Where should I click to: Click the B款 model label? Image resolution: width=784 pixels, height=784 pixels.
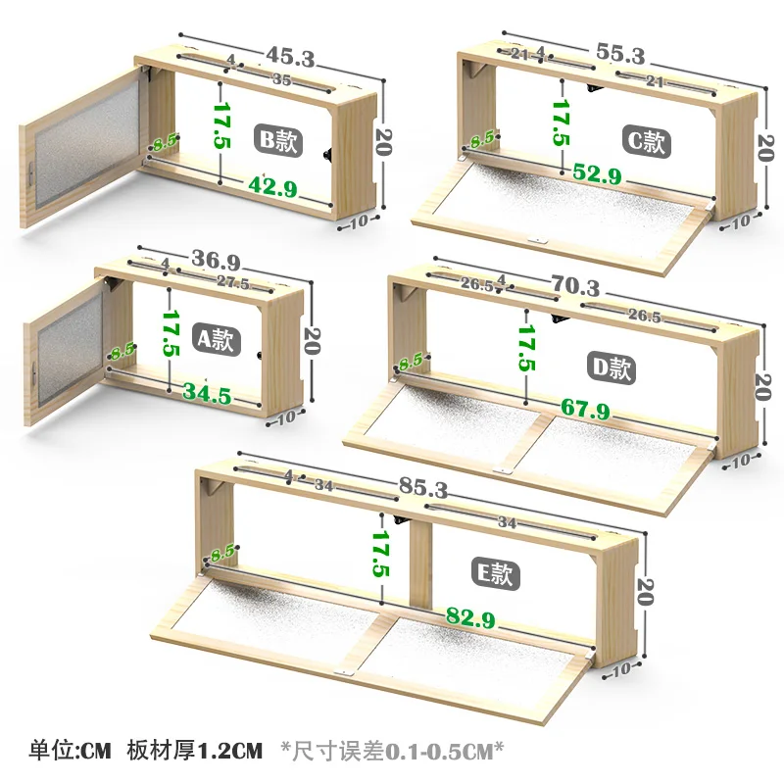[x=278, y=140]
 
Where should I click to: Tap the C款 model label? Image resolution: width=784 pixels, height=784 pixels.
[x=646, y=141]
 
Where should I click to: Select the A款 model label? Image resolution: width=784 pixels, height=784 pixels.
[x=216, y=339]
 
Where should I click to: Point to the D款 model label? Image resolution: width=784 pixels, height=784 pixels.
[x=611, y=368]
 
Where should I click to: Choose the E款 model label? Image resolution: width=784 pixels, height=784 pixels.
[x=496, y=573]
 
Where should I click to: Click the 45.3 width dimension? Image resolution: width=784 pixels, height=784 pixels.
[x=290, y=57]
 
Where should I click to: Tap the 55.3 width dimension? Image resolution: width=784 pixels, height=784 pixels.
[x=620, y=54]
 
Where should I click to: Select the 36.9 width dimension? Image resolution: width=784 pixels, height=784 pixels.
[x=216, y=260]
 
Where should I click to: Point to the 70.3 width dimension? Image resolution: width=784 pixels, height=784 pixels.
[x=575, y=286]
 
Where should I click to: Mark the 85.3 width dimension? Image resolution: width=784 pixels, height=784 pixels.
[x=423, y=487]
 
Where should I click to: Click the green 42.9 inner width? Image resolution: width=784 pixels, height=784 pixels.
[x=273, y=187]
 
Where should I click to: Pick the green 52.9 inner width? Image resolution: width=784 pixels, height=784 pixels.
[x=598, y=173]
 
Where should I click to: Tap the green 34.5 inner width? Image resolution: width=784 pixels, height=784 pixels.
[x=207, y=394]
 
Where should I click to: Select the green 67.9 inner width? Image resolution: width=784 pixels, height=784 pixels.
[x=585, y=409]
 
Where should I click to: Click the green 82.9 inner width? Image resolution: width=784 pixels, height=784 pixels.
[x=470, y=617]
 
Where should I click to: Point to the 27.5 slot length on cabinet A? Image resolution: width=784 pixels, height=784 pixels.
[x=233, y=283]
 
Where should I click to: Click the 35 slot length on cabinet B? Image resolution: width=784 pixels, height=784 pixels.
[x=282, y=79]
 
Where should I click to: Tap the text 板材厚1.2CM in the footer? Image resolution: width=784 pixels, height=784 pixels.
[x=194, y=751]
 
